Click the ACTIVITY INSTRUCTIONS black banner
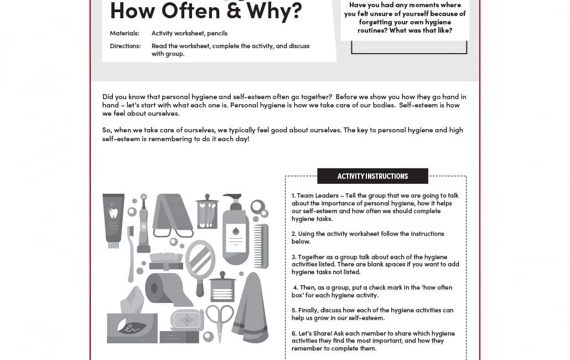point(372,176)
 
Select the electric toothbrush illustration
point(143,223)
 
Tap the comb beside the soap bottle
point(261,246)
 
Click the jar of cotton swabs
point(207,212)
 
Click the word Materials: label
point(125,33)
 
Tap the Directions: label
point(125,46)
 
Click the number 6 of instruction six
point(293,333)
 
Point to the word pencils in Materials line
point(217,33)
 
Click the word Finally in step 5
point(308,310)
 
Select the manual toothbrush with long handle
point(131,254)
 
